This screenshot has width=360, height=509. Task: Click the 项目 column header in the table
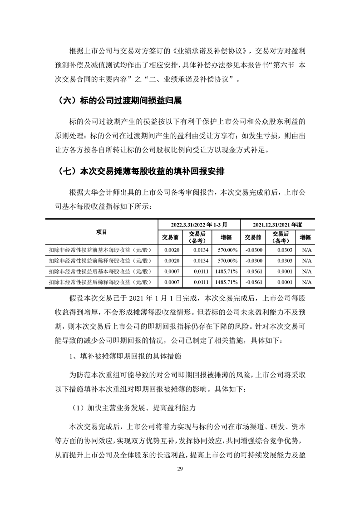point(101,232)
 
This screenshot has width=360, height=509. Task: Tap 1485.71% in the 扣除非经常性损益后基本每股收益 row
point(227,271)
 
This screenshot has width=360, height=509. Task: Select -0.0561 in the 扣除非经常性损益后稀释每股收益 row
point(253,282)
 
